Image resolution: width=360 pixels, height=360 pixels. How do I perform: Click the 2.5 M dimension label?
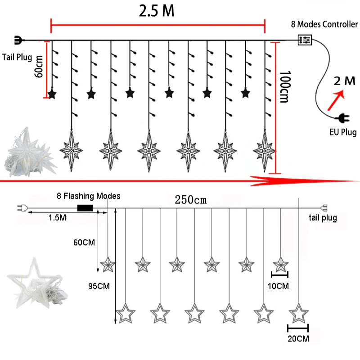coord(157,11)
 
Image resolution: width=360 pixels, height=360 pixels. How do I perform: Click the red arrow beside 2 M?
coord(335,100)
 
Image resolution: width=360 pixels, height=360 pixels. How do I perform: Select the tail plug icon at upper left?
coord(18,40)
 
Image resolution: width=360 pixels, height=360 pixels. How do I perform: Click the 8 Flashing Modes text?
coord(89,196)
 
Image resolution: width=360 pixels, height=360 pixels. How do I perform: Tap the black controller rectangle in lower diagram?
coord(85,208)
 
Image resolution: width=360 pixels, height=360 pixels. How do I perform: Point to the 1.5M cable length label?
coord(57,218)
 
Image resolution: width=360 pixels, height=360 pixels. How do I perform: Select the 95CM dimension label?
coord(98,285)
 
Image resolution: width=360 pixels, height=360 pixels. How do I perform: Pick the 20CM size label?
coord(297,337)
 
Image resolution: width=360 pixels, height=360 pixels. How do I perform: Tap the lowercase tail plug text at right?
coord(323,218)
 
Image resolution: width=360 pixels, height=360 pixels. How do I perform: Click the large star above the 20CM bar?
coord(298,313)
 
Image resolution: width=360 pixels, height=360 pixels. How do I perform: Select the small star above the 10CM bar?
coord(281,263)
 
